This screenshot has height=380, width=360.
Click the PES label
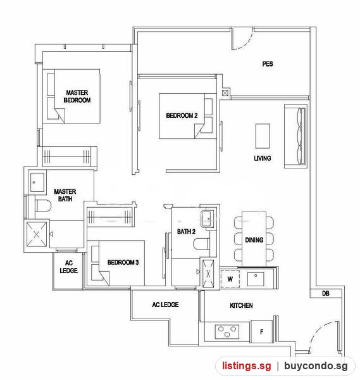pyautogui.click(x=268, y=64)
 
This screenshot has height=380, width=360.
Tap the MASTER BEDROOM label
pyautogui.click(x=77, y=96)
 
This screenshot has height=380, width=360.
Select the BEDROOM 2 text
pyautogui.click(x=182, y=116)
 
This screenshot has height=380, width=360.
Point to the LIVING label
pyautogui.click(x=263, y=158)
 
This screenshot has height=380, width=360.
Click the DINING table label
pyautogui.click(x=254, y=240)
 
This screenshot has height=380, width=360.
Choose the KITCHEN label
pyautogui.click(x=241, y=305)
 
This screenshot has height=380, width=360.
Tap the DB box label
pyautogui.click(x=326, y=293)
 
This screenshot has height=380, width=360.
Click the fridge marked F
pyautogui.click(x=261, y=331)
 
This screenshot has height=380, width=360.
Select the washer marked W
pyautogui.click(x=230, y=279)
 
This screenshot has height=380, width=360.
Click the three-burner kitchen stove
pyautogui.click(x=227, y=332)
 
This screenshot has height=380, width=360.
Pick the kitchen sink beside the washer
pyautogui.click(x=256, y=279)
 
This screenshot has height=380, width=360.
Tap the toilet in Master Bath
pyautogui.click(x=43, y=205)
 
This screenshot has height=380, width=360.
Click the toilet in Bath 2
pyautogui.click(x=201, y=244)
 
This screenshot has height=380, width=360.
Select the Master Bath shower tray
pyautogui.click(x=37, y=234)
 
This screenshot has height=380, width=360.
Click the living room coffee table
pyautogui.click(x=263, y=136)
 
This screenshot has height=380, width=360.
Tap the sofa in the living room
pyautogui.click(x=295, y=136)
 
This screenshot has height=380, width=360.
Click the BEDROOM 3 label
pyautogui.click(x=123, y=262)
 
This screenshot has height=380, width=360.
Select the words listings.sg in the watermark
pyautogui.click(x=247, y=365)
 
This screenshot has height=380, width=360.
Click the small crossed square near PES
pyautogui.click(x=225, y=93)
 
